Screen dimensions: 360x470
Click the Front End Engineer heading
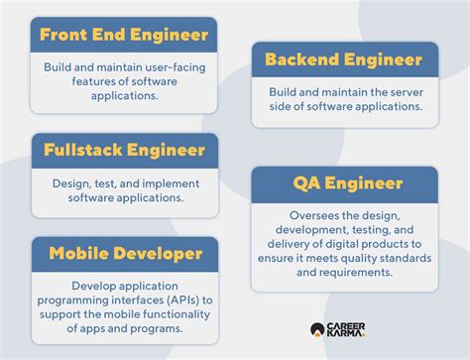(x=123, y=35)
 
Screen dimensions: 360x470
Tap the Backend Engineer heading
(x=344, y=60)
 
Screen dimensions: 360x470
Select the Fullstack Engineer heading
(x=123, y=151)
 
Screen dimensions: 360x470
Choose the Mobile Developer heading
(x=123, y=255)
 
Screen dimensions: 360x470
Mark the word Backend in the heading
(x=304, y=60)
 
